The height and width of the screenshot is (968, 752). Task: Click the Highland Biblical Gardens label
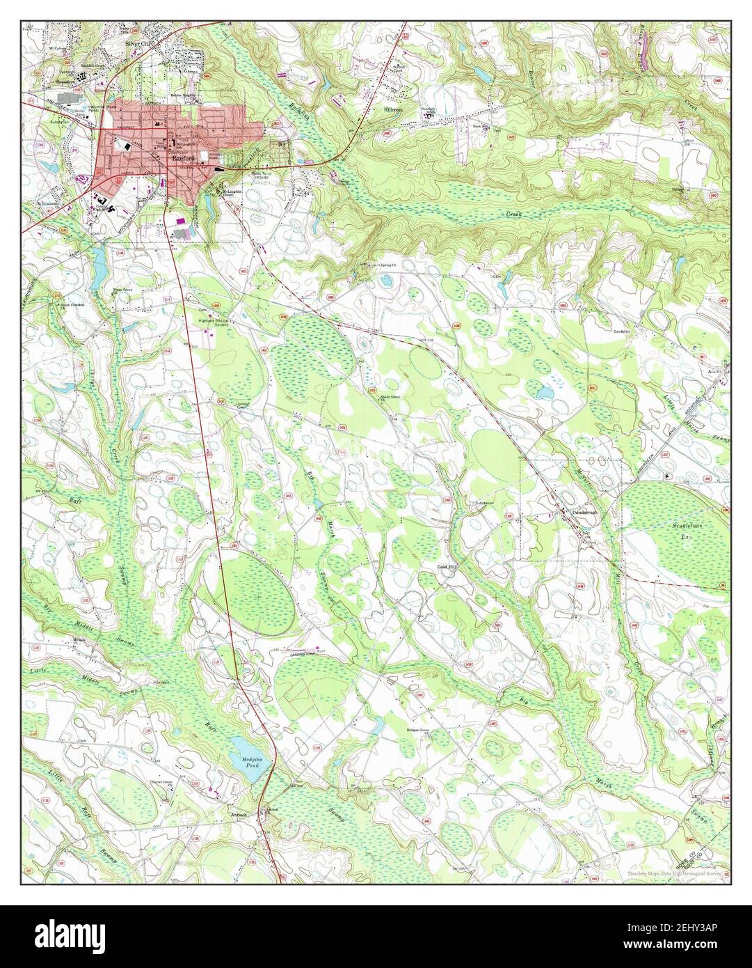coord(213,322)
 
